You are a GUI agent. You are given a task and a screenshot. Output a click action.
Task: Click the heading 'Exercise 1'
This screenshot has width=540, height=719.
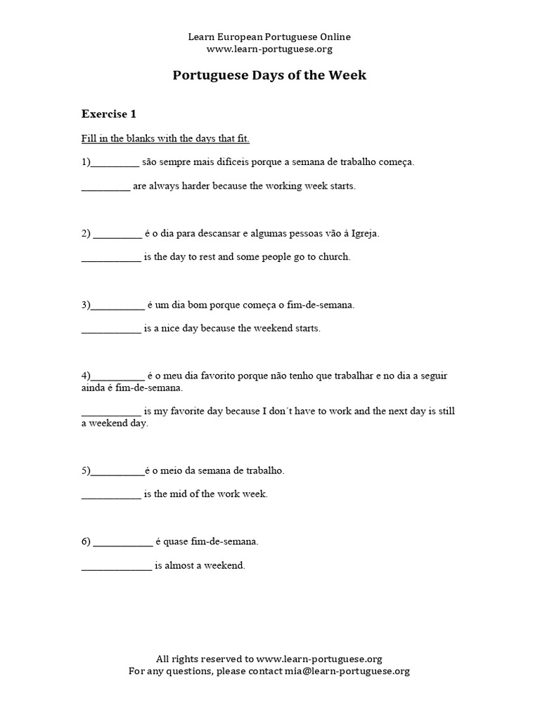click(x=108, y=114)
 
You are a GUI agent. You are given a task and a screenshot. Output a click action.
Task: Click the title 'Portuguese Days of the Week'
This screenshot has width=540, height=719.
click(x=269, y=75)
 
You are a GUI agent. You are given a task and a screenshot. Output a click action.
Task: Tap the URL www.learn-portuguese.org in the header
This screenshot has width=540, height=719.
click(x=269, y=49)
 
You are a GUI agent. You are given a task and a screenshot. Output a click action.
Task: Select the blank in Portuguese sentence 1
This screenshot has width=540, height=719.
click(x=115, y=162)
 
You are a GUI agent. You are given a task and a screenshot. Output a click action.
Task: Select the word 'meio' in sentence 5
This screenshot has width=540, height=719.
click(x=172, y=470)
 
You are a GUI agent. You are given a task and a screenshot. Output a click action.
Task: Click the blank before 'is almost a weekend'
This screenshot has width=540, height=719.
click(x=116, y=566)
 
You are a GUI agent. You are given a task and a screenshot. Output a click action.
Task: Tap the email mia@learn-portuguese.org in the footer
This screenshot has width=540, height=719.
click(x=347, y=671)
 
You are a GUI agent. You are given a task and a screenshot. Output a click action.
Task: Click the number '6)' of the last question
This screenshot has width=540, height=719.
click(x=86, y=542)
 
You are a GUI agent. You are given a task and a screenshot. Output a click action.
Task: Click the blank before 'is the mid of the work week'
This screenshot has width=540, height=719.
click(x=111, y=494)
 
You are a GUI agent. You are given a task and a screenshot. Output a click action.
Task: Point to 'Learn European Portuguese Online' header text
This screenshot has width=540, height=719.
click(x=269, y=37)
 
